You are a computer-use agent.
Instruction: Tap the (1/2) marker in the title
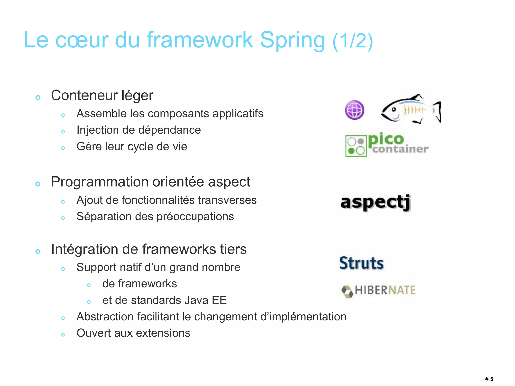(x=353, y=41)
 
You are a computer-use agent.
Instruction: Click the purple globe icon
(x=355, y=110)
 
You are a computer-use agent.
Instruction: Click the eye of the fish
(x=394, y=109)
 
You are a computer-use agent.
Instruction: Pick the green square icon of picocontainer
(x=356, y=146)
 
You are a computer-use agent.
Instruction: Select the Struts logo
(x=361, y=263)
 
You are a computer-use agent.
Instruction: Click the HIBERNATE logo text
(x=385, y=290)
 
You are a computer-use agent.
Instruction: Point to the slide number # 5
(x=489, y=379)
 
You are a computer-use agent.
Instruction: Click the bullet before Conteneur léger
(x=38, y=98)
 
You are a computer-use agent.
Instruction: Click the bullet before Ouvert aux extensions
(x=63, y=335)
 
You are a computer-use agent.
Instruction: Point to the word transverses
(x=227, y=200)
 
